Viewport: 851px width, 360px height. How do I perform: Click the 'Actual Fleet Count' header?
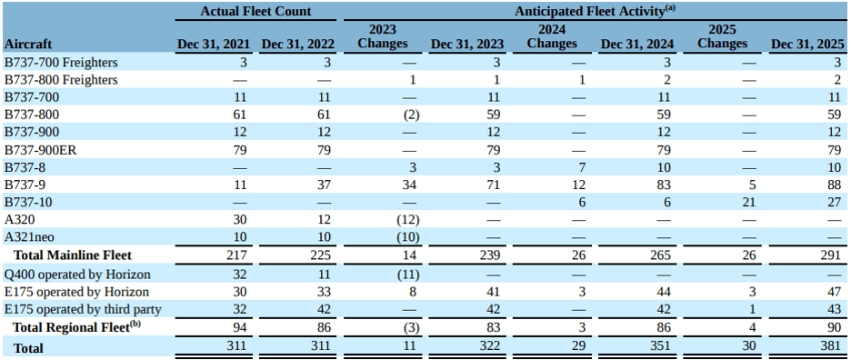255,12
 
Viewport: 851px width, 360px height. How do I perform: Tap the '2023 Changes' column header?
383,36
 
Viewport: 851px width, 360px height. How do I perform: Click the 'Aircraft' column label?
28,44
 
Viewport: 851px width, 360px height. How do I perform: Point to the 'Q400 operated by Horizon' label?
77,274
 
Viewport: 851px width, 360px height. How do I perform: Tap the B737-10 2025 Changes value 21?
748,203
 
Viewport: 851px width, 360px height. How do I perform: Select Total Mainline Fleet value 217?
235,256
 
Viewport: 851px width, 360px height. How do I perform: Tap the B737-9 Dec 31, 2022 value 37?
323,185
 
